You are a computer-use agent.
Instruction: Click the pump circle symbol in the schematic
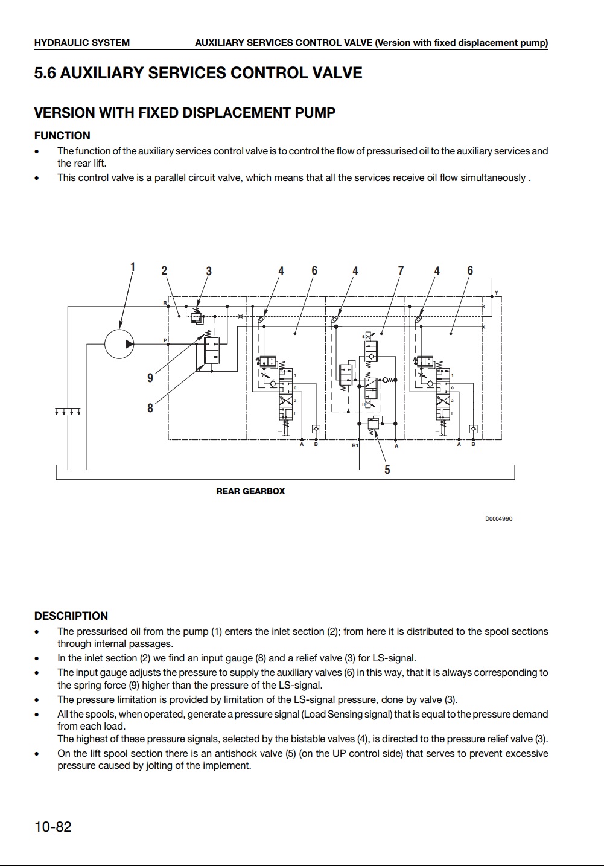pos(119,344)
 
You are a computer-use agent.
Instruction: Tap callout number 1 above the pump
pos(133,267)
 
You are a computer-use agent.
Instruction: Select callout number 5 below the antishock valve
pos(387,470)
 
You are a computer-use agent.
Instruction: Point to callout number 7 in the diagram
pos(401,270)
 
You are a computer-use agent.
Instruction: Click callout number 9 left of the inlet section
pos(150,378)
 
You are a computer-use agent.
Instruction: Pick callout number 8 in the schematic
pos(150,408)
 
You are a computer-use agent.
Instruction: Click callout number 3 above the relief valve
pos(209,271)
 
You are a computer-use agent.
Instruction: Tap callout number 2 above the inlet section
pos(164,270)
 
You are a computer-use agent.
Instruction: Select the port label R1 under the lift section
pos(355,445)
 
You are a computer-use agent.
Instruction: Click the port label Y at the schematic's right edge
pos(497,293)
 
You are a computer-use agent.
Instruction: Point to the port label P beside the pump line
pos(165,340)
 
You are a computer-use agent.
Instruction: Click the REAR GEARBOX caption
pos(250,491)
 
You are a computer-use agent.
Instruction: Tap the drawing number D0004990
pos(498,519)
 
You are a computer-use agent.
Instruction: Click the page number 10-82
pos(53,827)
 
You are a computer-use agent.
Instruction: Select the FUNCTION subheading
pos(62,136)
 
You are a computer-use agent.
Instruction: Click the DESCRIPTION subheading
pos(71,616)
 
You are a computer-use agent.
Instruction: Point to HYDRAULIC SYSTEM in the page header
pos(82,43)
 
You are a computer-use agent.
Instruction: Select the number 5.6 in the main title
pos(45,74)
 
